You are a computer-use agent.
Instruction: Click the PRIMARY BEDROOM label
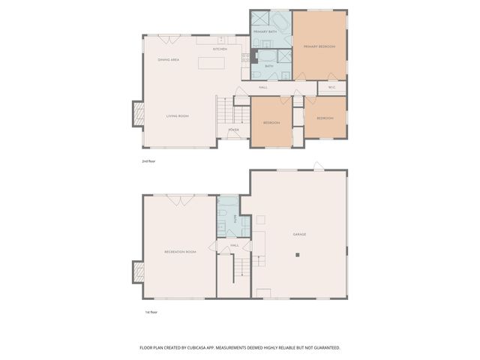pyautogui.click(x=319, y=46)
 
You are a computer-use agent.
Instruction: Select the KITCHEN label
pyautogui.click(x=220, y=49)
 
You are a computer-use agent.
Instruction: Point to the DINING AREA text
pyautogui.click(x=168, y=59)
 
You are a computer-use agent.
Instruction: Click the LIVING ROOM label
pyautogui.click(x=177, y=116)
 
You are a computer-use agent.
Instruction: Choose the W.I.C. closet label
pyautogui.click(x=332, y=87)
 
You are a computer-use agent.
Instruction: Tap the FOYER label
pyautogui.click(x=234, y=130)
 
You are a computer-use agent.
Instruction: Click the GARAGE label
pyautogui.click(x=299, y=235)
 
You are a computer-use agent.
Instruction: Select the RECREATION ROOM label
pyautogui.click(x=180, y=252)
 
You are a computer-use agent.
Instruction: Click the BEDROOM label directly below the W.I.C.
pyautogui.click(x=325, y=118)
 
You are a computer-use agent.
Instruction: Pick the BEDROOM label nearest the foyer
pyautogui.click(x=271, y=122)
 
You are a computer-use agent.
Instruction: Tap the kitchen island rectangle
pyautogui.click(x=211, y=63)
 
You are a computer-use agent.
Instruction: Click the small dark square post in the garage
pyautogui.click(x=298, y=256)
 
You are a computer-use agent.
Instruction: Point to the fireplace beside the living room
pyautogui.click(x=137, y=114)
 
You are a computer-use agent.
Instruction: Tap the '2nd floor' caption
pyautogui.click(x=148, y=161)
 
